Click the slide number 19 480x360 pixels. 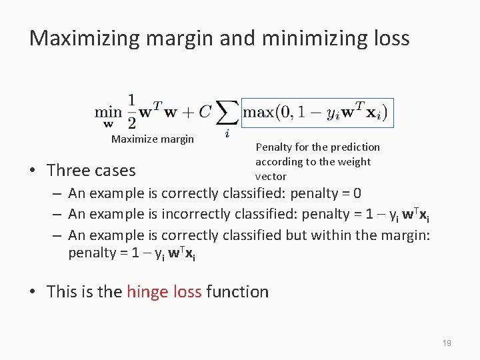pos(447,343)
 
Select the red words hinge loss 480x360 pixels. pos(164,291)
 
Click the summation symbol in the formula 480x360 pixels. pos(227,113)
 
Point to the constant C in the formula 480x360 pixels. pos(205,111)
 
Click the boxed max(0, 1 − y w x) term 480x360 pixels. pos(317,111)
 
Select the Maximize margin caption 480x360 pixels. pos(153,139)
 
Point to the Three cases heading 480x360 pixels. pos(91,170)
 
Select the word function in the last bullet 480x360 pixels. pos(237,291)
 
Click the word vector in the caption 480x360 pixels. pos(271,176)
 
